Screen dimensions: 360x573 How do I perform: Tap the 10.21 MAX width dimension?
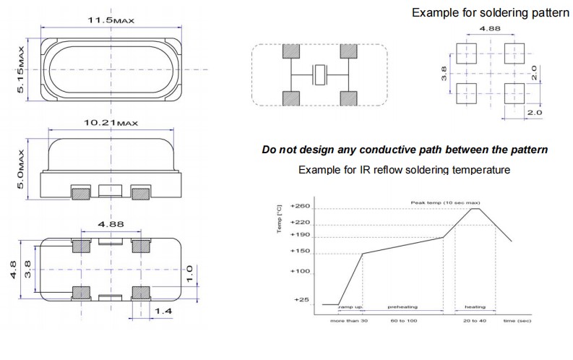[111, 124]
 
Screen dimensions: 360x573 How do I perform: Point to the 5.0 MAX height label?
[22, 168]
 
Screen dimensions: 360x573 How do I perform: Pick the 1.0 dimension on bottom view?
[189, 273]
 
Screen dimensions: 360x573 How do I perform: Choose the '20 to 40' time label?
[475, 320]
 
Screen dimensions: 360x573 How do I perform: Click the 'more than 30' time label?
[349, 320]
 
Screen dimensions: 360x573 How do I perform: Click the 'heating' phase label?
[475, 307]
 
